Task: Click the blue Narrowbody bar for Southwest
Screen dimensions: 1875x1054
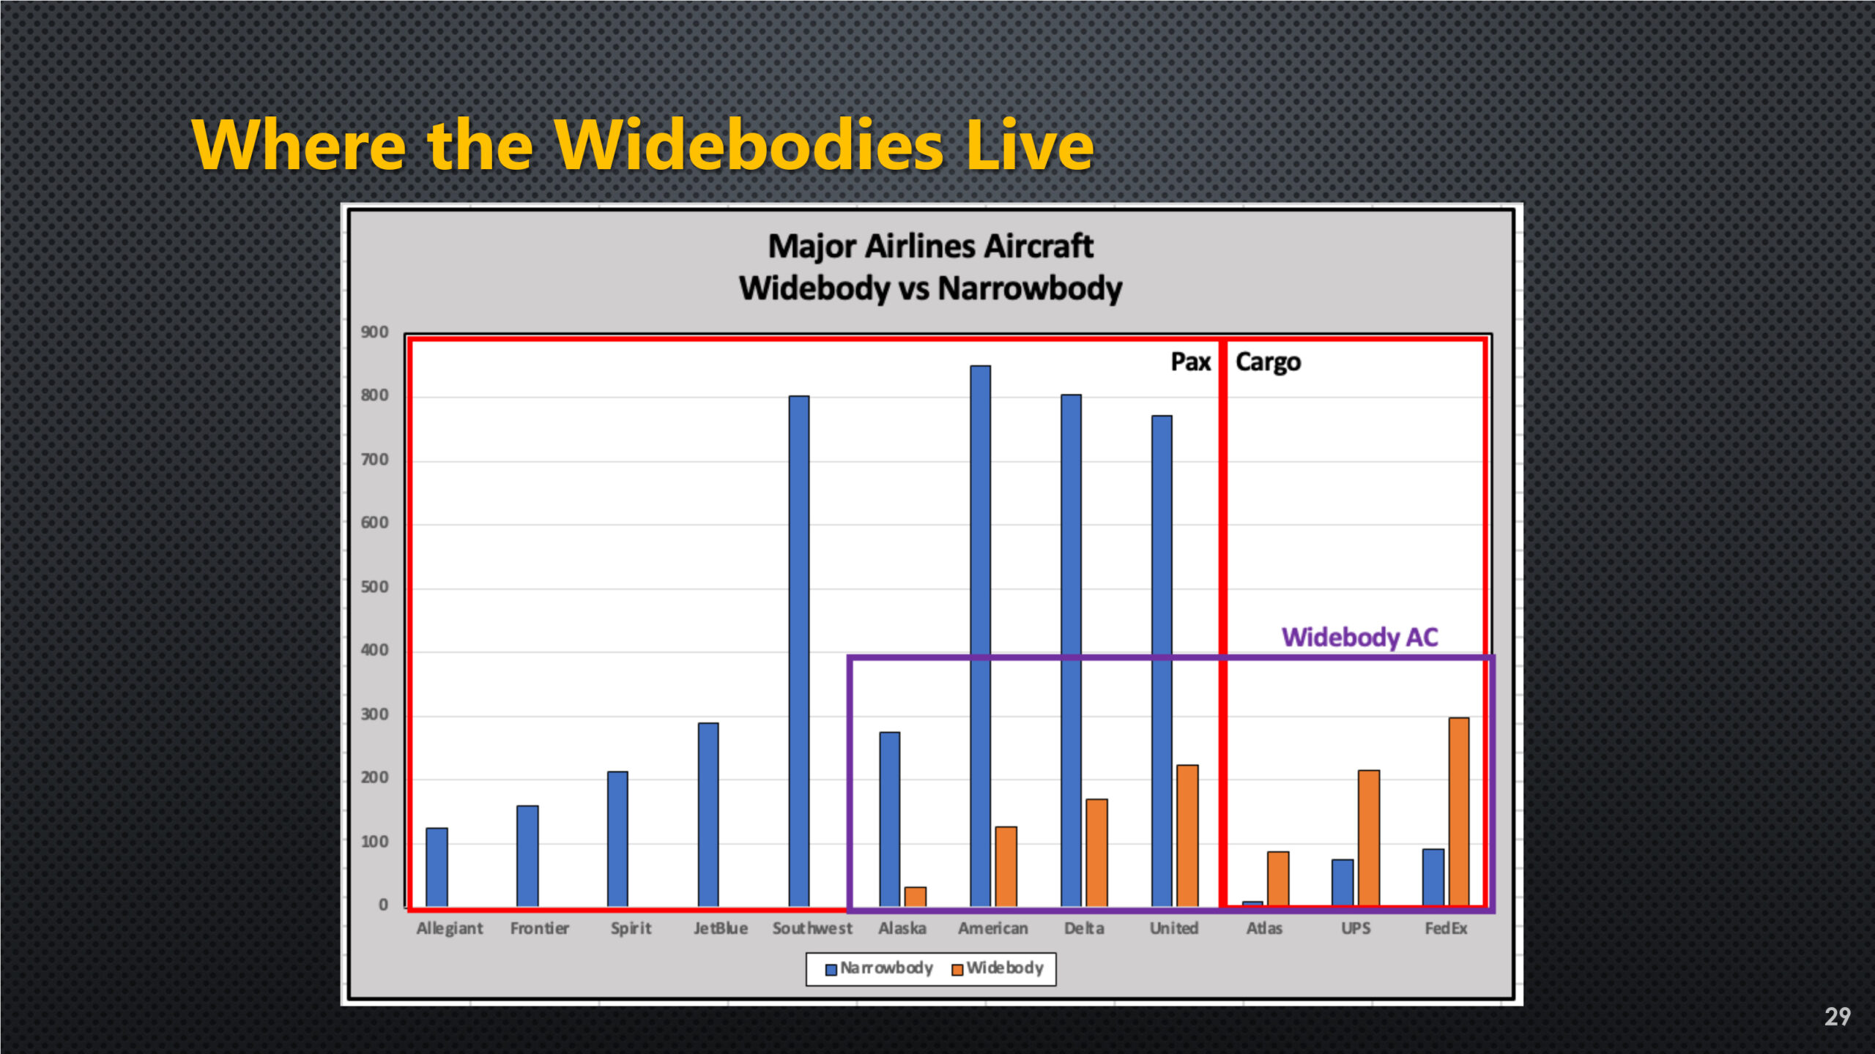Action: click(x=799, y=651)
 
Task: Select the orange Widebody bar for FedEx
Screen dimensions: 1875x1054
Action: click(x=1459, y=812)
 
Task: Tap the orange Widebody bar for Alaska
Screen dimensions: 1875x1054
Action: click(x=916, y=897)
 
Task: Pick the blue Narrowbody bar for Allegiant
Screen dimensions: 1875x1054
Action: click(x=437, y=868)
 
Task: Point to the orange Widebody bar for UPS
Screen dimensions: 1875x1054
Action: click(x=1369, y=839)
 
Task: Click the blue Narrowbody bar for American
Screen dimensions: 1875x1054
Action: click(x=981, y=637)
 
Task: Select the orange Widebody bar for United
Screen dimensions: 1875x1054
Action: click(x=1187, y=836)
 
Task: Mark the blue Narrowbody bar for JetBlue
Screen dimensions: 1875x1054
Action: click(x=708, y=815)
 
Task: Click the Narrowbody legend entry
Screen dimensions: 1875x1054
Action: click(x=879, y=968)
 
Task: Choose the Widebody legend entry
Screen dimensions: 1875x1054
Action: click(x=998, y=968)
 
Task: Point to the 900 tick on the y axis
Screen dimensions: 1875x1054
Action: click(x=374, y=332)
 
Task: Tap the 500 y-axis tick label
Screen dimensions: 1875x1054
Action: click(x=374, y=587)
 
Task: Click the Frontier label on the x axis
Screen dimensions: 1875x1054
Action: click(x=540, y=928)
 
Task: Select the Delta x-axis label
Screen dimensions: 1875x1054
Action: click(x=1084, y=928)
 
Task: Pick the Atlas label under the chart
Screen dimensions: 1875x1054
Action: click(x=1265, y=928)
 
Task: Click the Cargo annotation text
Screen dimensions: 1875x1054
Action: click(x=1269, y=362)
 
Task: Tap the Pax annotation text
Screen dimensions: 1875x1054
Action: click(x=1191, y=362)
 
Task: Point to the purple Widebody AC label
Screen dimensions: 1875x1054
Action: click(x=1360, y=638)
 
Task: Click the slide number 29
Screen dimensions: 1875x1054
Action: click(x=1837, y=1017)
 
